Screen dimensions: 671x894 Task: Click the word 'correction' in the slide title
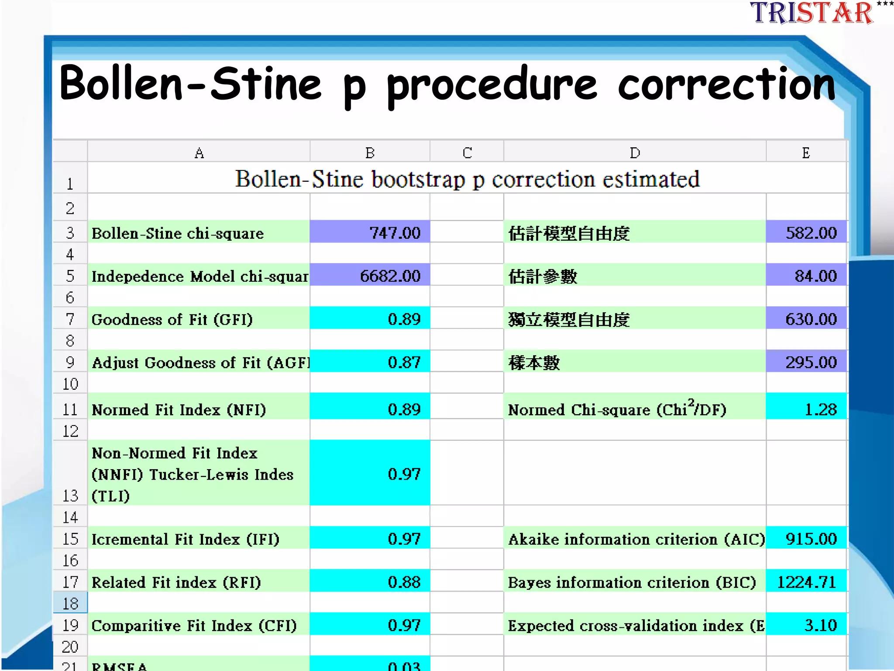726,84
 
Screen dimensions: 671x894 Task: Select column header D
635,153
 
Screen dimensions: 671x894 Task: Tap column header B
370,153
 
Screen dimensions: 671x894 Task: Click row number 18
70,604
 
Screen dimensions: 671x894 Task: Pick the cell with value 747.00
370,232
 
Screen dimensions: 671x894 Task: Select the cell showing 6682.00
370,276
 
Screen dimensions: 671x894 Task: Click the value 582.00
807,232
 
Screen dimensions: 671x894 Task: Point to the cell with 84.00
807,276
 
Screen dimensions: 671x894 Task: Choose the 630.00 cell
807,319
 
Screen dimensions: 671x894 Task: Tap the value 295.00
807,362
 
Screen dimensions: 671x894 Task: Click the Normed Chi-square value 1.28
807,409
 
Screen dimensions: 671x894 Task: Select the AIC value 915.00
807,539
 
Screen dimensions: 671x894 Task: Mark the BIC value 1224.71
807,582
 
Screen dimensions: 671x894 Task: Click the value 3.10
807,625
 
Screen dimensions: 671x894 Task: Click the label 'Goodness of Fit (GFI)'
172,319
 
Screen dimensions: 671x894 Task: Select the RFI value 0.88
370,582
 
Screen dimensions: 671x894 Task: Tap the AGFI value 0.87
370,362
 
